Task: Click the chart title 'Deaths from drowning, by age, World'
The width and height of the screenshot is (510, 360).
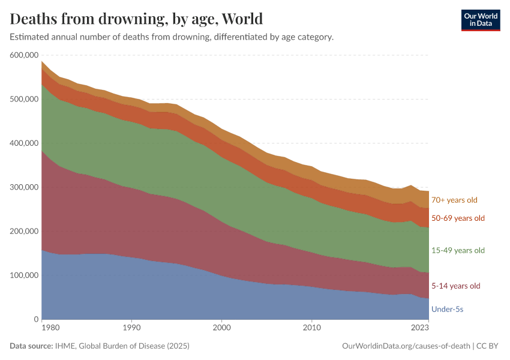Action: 137,19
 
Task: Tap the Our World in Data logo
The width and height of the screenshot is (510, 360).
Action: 480,20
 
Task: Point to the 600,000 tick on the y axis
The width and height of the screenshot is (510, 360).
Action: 23,55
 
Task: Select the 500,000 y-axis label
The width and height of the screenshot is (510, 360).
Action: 23,99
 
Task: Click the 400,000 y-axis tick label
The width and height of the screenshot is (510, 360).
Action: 23,143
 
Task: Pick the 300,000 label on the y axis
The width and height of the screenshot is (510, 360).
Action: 23,187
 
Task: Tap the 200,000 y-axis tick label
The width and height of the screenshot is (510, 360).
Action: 23,231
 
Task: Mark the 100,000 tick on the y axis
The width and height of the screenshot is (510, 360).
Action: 23,275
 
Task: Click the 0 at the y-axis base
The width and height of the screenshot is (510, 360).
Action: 36,319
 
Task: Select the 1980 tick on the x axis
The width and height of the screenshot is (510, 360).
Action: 50,328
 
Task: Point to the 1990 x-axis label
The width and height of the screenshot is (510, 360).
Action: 131,328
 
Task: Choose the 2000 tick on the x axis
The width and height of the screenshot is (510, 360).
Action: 221,328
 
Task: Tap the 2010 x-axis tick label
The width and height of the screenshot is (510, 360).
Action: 311,328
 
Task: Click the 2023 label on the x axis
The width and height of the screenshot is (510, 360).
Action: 420,328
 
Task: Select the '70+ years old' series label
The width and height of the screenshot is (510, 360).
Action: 455,200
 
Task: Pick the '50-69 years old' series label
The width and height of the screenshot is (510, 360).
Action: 458,218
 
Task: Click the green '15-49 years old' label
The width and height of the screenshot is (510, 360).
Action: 458,250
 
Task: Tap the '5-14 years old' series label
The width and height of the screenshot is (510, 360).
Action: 456,286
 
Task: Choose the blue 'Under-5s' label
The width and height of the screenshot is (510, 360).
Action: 447,309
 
